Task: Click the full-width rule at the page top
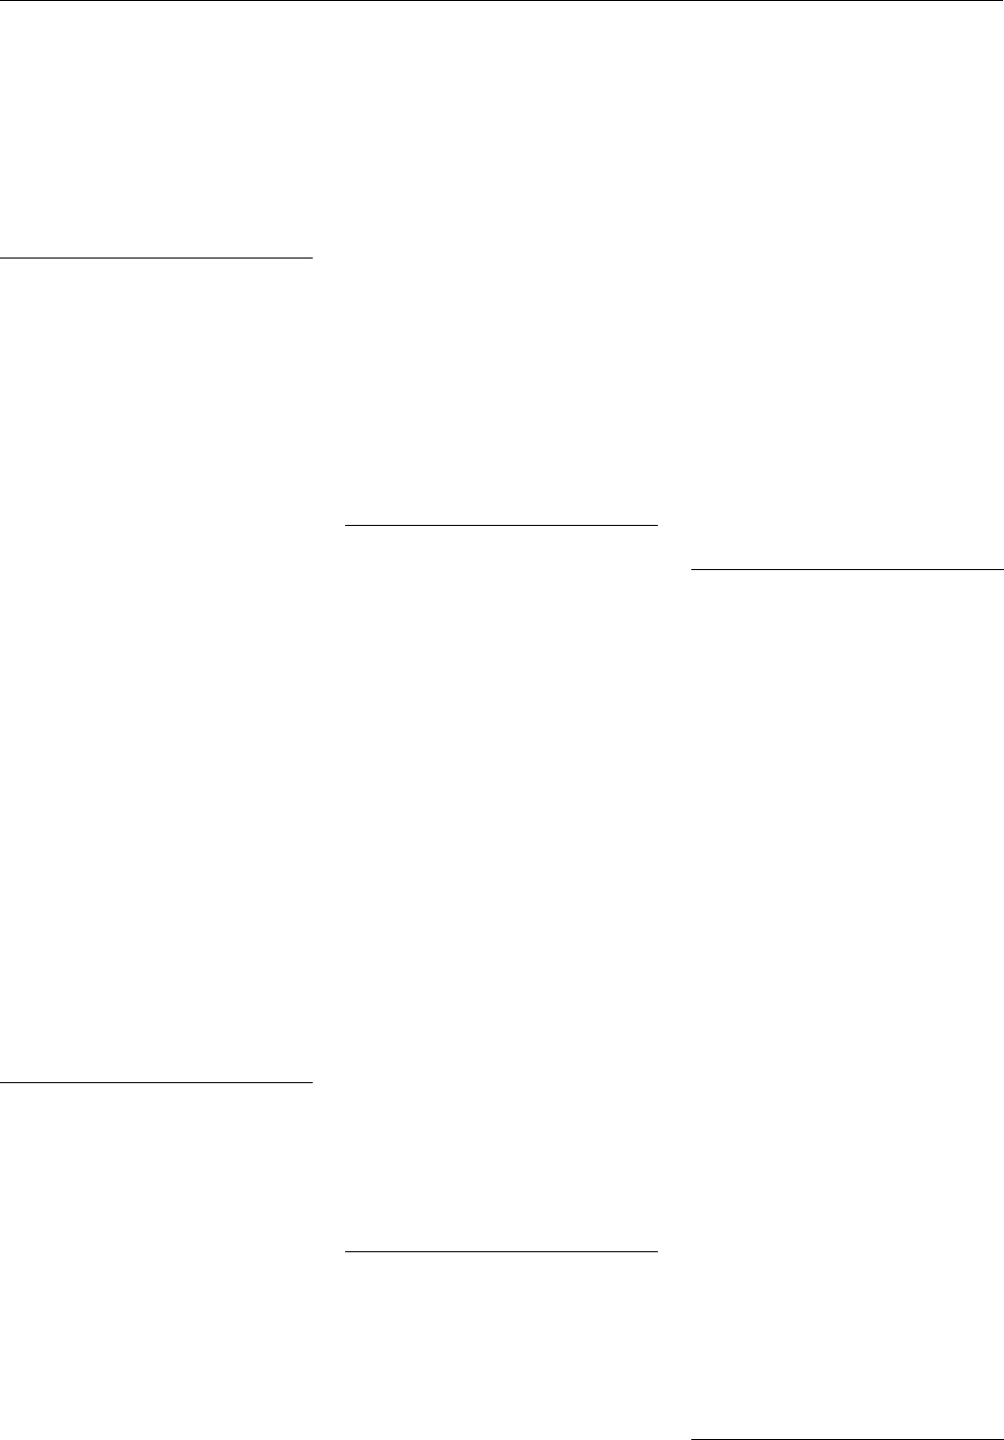click(502, 1)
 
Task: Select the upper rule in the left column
click(155, 258)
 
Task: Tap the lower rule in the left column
click(155, 1082)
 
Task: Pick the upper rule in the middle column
click(502, 526)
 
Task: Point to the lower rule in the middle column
click(502, 1252)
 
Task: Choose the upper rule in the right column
click(847, 569)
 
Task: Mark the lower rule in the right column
click(847, 1439)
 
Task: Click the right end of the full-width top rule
click(1002, 1)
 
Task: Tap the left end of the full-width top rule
click(2, 1)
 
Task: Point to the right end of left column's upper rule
click(311, 258)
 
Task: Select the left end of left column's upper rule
click(2, 258)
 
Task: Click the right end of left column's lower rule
click(311, 1082)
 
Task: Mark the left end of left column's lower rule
click(2, 1082)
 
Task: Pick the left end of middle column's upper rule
click(347, 526)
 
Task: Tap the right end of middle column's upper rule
click(656, 526)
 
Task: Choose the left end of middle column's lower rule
click(347, 1252)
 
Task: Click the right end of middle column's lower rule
click(656, 1252)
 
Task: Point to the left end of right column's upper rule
click(692, 569)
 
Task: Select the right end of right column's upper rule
click(1002, 569)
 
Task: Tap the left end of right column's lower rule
click(692, 1439)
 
